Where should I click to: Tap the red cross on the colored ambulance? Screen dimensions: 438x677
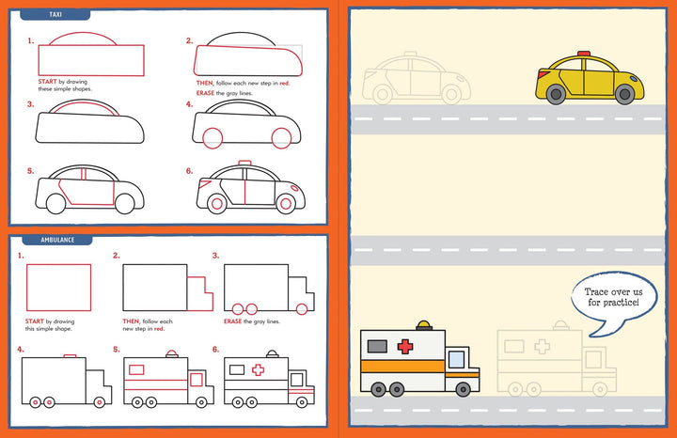405,347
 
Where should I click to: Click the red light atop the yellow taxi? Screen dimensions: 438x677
584,54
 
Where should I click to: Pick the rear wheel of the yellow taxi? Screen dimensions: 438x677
556,94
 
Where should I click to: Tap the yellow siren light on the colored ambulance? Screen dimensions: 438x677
426,326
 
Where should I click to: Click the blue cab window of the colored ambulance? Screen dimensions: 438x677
457,358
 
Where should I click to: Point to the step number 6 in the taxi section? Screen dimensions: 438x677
189,171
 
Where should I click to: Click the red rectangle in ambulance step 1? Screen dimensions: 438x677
60,286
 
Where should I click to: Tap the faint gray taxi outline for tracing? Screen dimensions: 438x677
415,79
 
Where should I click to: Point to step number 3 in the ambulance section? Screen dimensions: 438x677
215,255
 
